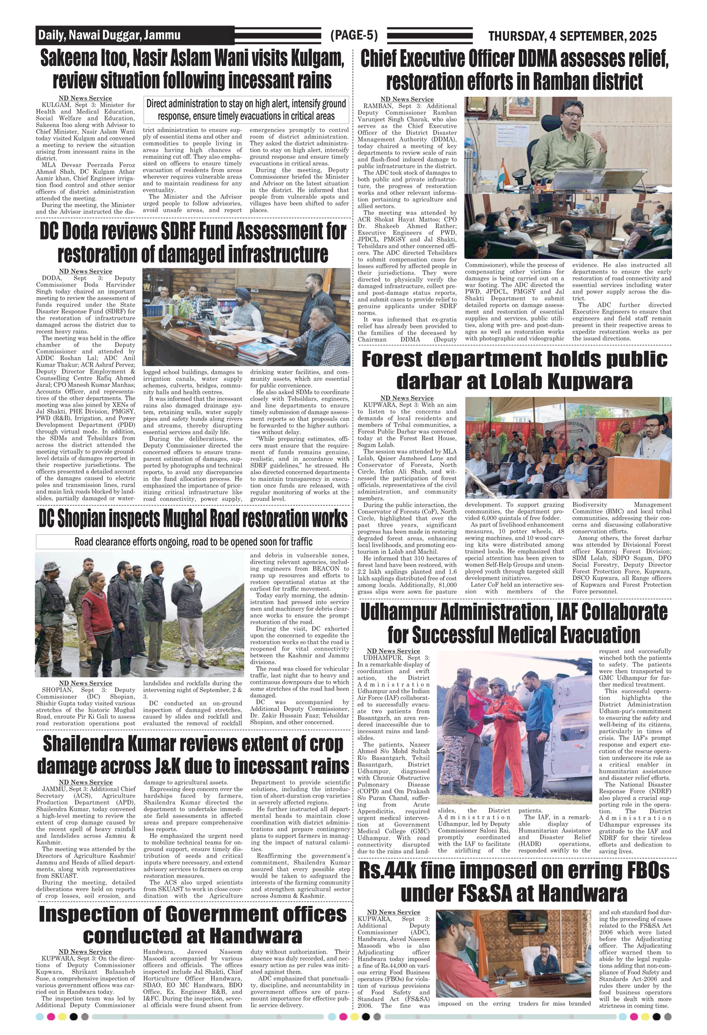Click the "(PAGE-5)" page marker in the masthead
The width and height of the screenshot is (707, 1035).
(354, 35)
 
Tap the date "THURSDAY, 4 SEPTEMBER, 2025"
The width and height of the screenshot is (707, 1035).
(572, 36)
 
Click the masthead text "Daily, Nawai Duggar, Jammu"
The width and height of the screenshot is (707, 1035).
(109, 35)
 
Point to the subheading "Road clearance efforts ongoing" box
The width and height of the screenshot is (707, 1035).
(193, 542)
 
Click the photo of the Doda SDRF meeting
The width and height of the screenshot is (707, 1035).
(246, 317)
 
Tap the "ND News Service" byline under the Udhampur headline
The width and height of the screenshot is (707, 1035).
(393, 651)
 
